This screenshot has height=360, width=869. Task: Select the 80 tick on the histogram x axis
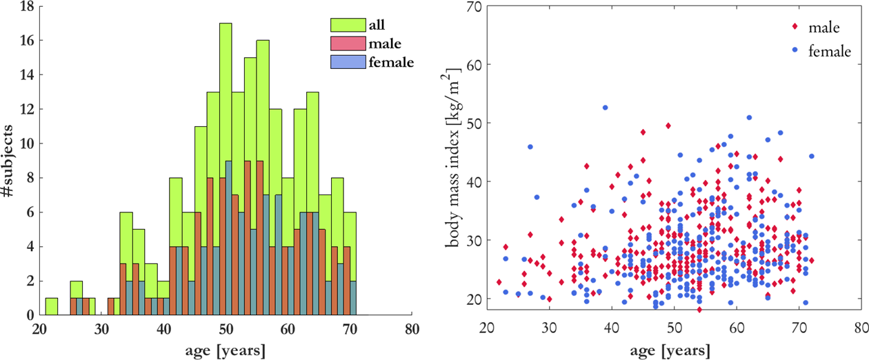pyautogui.click(x=411, y=329)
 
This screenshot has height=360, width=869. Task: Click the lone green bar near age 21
pyautogui.click(x=51, y=307)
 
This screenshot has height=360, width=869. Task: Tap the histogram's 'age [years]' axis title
pyautogui.click(x=226, y=349)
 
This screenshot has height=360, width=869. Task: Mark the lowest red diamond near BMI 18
pyautogui.click(x=699, y=310)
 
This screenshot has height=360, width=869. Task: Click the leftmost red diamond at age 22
pyautogui.click(x=499, y=282)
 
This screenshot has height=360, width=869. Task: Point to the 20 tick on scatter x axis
pyautogui.click(x=487, y=329)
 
